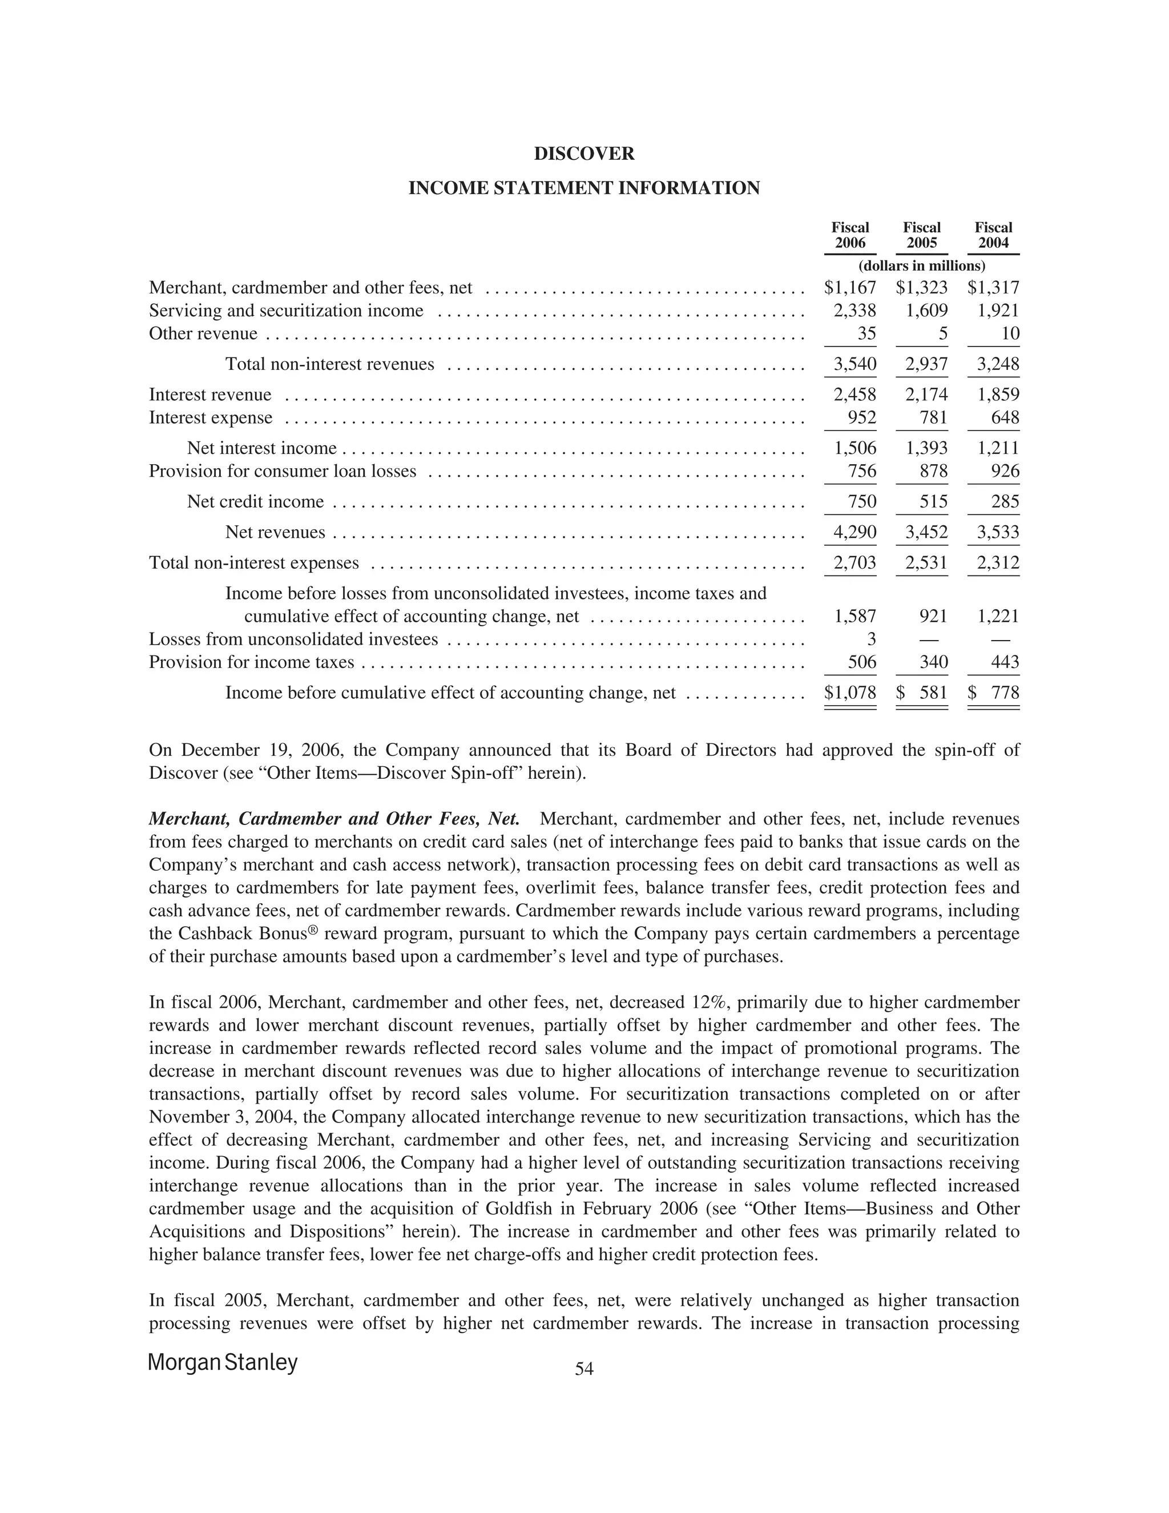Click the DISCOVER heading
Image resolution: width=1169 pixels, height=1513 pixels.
click(x=584, y=154)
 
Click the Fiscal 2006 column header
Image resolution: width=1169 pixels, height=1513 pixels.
click(x=850, y=236)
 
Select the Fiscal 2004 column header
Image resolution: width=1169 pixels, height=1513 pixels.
click(x=993, y=236)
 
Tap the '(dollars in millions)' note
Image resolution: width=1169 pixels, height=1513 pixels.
click(x=921, y=266)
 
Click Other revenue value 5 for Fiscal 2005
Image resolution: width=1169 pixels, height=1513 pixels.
click(x=942, y=334)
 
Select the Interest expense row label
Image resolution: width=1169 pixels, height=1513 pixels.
click(x=211, y=418)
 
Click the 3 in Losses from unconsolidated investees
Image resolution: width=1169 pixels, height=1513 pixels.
click(x=871, y=639)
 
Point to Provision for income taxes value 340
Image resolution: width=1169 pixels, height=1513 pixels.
click(x=933, y=663)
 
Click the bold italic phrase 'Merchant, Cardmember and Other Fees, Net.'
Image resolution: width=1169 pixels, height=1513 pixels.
click(x=334, y=819)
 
